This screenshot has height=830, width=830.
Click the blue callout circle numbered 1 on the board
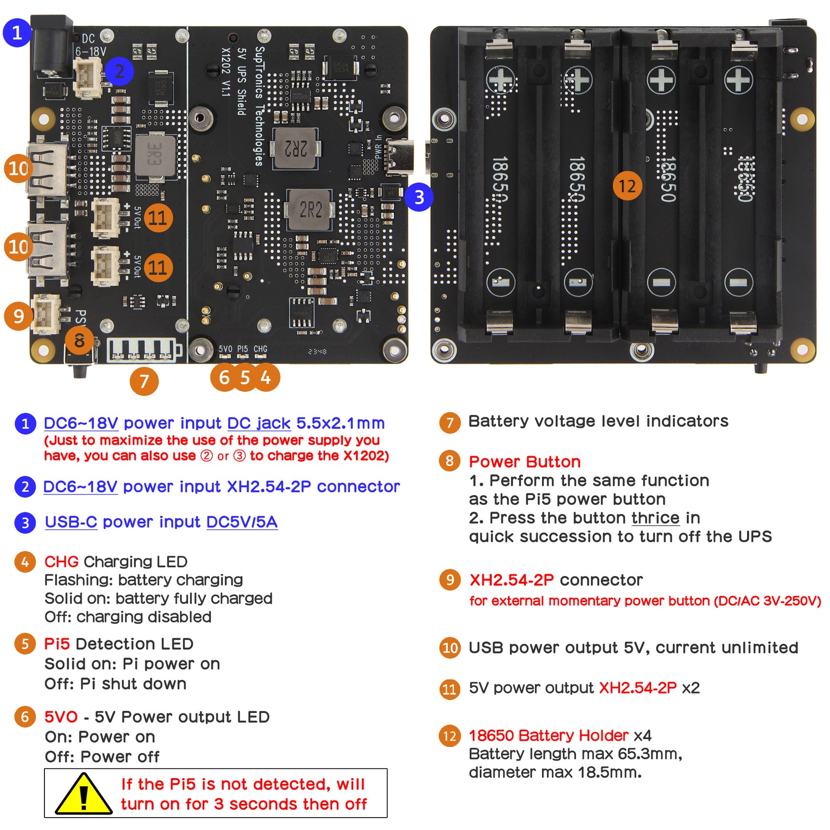[x=17, y=33]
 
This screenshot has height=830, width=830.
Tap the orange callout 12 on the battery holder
[x=627, y=186]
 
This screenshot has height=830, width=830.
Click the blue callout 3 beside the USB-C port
[x=419, y=197]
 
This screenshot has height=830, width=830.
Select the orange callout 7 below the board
[x=144, y=381]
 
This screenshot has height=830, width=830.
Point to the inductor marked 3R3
[x=155, y=155]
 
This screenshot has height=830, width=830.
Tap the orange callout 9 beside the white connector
[x=18, y=315]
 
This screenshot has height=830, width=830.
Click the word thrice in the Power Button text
[x=655, y=518]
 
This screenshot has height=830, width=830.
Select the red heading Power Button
[x=524, y=461]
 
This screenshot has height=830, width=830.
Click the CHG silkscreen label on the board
[x=260, y=349]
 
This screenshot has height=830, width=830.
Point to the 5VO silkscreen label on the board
[x=225, y=349]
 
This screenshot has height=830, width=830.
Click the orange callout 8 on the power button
[x=79, y=340]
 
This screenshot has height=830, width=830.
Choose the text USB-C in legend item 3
[x=71, y=522]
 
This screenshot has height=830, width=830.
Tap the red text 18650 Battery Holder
[x=548, y=735]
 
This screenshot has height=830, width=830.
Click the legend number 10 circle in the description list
[x=450, y=648]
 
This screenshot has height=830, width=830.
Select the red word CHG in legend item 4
[x=61, y=561]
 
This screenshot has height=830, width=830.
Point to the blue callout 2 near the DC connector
[x=119, y=72]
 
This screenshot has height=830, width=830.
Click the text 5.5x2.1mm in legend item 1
[x=340, y=423]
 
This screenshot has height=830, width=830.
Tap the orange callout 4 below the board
[x=266, y=377]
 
